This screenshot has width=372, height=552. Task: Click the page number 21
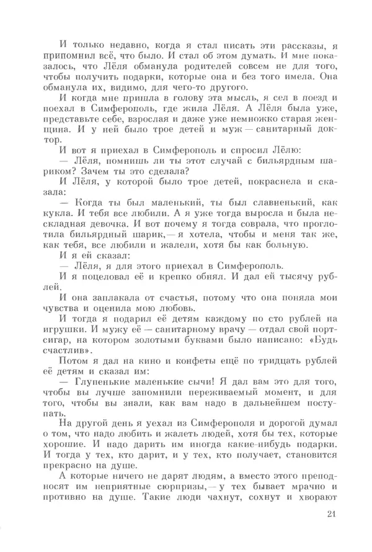[329, 514]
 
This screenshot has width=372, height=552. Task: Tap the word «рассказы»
[294, 44]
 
